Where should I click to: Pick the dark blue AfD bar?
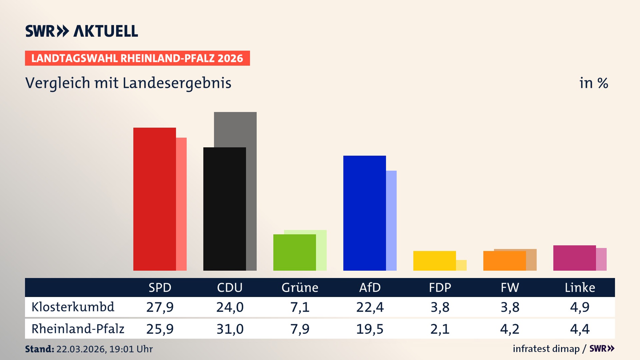[x=364, y=213]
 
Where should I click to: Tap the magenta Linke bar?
[x=574, y=258]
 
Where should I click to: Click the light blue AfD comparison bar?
[x=391, y=220]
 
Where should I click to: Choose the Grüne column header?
[x=300, y=288]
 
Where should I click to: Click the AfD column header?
[x=370, y=288]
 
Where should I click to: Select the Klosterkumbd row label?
[x=73, y=307]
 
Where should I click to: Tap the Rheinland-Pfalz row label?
[x=78, y=329]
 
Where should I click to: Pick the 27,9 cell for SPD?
[x=160, y=307]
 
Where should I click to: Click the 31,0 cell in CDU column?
[x=230, y=329]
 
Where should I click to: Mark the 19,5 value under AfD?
[x=370, y=329]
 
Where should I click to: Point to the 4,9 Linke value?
[x=580, y=307]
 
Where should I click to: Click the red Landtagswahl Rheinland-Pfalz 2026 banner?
[x=137, y=58]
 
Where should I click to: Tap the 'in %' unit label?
[x=593, y=83]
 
